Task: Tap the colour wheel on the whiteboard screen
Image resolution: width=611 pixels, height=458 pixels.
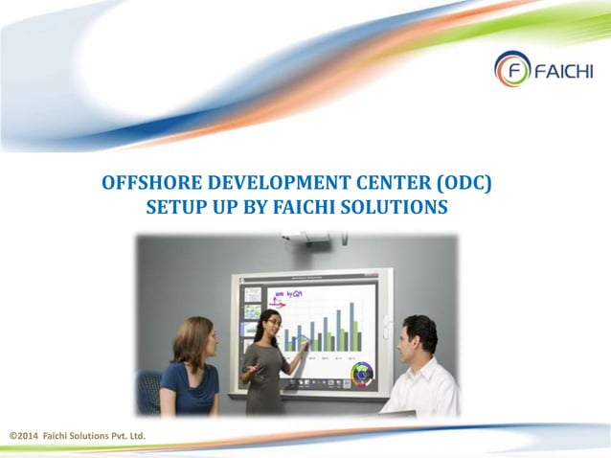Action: point(361,372)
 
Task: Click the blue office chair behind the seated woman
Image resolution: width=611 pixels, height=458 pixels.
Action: point(148,391)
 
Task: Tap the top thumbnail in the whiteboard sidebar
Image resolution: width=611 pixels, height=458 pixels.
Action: point(252,294)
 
